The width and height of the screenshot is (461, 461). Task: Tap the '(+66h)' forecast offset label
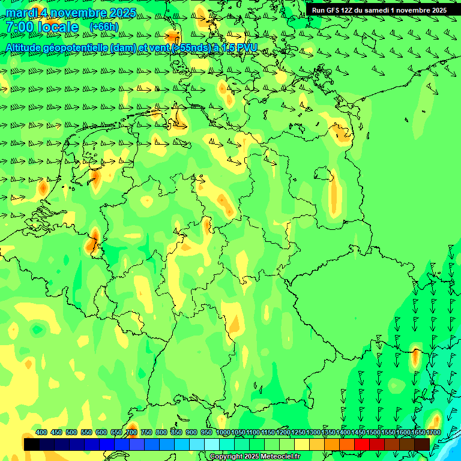point(104,27)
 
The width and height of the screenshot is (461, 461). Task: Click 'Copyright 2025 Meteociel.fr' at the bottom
point(255,457)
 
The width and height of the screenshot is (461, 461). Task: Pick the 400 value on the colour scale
point(41,432)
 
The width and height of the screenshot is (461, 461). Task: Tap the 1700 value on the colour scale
point(433,432)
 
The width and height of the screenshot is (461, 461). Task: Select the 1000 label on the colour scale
point(223,432)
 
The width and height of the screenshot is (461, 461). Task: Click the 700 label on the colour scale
point(131,432)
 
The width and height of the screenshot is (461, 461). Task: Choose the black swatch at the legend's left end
point(32,444)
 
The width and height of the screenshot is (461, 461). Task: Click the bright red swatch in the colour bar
point(362,444)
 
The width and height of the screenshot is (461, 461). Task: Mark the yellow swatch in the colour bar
point(302,444)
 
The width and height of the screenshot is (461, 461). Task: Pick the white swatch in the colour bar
point(212,444)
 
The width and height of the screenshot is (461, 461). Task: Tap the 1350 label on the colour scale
point(328,432)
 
